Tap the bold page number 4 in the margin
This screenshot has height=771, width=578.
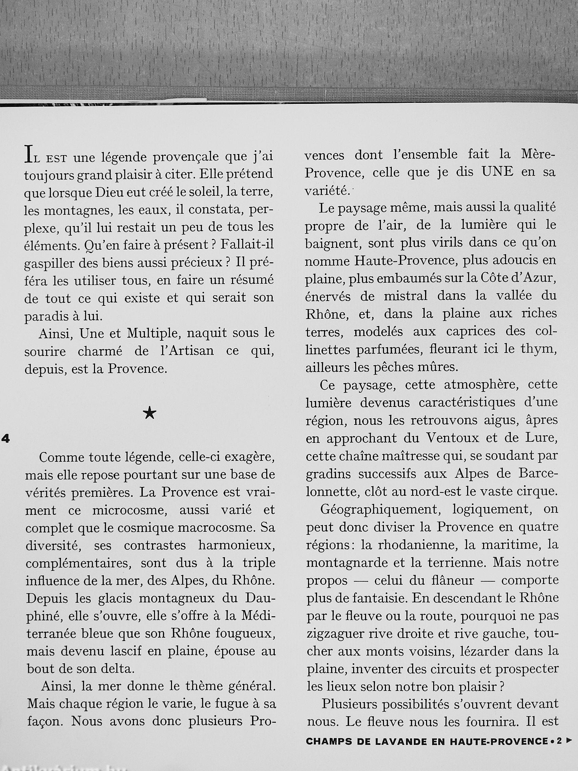pyautogui.click(x=5, y=439)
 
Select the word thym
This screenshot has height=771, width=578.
pyautogui.click(x=541, y=349)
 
